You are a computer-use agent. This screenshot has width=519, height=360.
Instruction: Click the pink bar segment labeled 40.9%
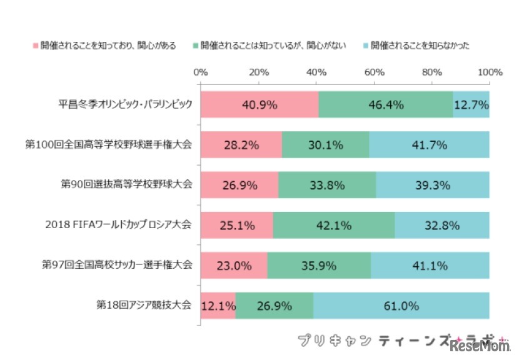259,104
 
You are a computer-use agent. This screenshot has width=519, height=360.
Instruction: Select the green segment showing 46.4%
386,104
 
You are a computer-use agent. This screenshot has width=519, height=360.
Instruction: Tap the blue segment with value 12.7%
471,104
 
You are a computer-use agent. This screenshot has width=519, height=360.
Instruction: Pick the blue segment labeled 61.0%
401,306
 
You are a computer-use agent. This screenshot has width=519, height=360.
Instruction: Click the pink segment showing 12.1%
218,306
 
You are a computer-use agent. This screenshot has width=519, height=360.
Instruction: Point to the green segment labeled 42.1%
334,225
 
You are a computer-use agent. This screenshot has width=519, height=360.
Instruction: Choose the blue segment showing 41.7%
429,145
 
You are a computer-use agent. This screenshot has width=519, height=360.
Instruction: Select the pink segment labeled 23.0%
234,266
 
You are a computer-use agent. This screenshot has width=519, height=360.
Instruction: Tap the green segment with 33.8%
327,185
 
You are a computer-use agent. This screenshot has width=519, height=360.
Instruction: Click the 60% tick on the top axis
374,72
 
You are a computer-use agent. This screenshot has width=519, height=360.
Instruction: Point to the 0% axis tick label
200,72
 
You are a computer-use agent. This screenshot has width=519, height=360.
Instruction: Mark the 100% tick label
490,72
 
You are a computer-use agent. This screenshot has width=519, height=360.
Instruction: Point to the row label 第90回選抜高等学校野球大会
126,185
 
